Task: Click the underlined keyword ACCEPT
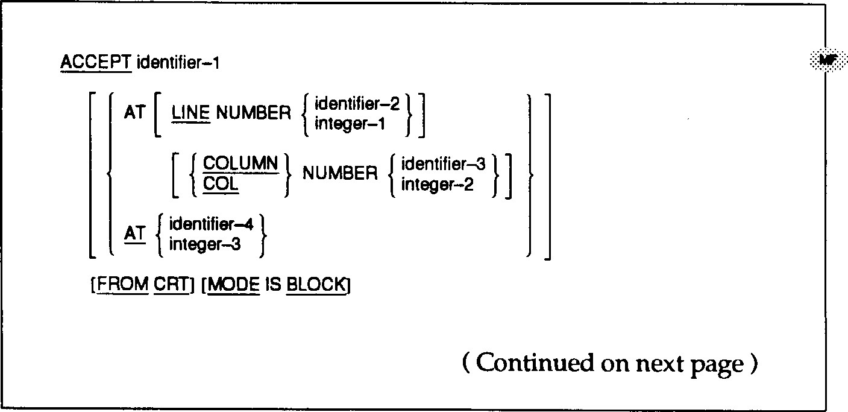point(96,62)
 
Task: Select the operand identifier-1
point(178,62)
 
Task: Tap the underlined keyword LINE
point(190,113)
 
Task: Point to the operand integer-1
point(350,124)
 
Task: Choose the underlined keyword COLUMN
point(240,163)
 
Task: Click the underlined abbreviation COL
point(221,184)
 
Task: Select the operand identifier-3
point(443,163)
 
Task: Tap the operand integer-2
point(438,184)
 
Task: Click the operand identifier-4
point(212,225)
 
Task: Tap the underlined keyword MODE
point(233,284)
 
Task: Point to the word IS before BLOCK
point(274,284)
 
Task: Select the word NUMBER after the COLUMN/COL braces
point(340,174)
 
